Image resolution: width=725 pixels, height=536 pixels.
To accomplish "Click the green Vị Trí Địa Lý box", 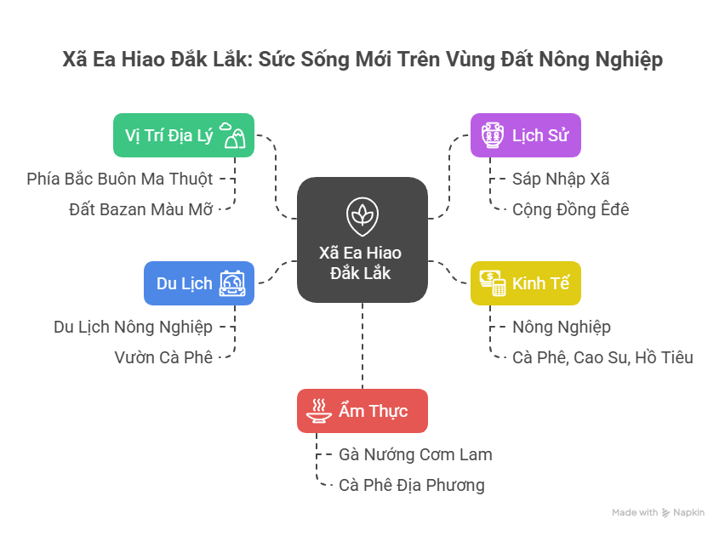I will click(183, 135).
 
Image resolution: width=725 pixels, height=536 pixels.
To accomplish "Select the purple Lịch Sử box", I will click(525, 135).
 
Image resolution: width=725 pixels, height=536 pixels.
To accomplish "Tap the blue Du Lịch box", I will click(198, 282).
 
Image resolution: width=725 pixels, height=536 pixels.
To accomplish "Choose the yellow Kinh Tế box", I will click(525, 283).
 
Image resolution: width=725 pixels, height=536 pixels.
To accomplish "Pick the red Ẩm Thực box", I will click(362, 411).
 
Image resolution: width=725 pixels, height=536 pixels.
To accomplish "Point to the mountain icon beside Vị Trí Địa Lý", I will click(233, 134).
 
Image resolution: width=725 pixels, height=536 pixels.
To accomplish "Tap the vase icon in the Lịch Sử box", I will click(491, 135).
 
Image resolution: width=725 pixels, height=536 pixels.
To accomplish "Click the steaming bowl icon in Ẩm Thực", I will click(318, 411).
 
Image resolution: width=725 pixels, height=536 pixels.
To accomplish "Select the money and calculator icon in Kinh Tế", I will click(492, 283).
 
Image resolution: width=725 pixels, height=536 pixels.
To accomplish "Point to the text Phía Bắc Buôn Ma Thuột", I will click(120, 179).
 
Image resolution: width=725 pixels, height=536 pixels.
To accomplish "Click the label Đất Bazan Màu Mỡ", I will click(140, 209).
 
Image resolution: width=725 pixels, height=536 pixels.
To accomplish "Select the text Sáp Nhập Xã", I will click(560, 179).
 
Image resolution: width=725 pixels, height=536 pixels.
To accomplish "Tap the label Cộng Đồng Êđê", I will click(570, 209).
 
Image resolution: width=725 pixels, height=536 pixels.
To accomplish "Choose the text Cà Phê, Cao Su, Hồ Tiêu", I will click(602, 357).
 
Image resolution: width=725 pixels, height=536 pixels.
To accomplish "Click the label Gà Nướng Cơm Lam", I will click(414, 454).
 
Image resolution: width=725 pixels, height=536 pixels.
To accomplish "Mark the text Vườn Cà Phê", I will click(163, 357).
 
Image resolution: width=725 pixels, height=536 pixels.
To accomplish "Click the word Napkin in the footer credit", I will click(690, 513).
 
